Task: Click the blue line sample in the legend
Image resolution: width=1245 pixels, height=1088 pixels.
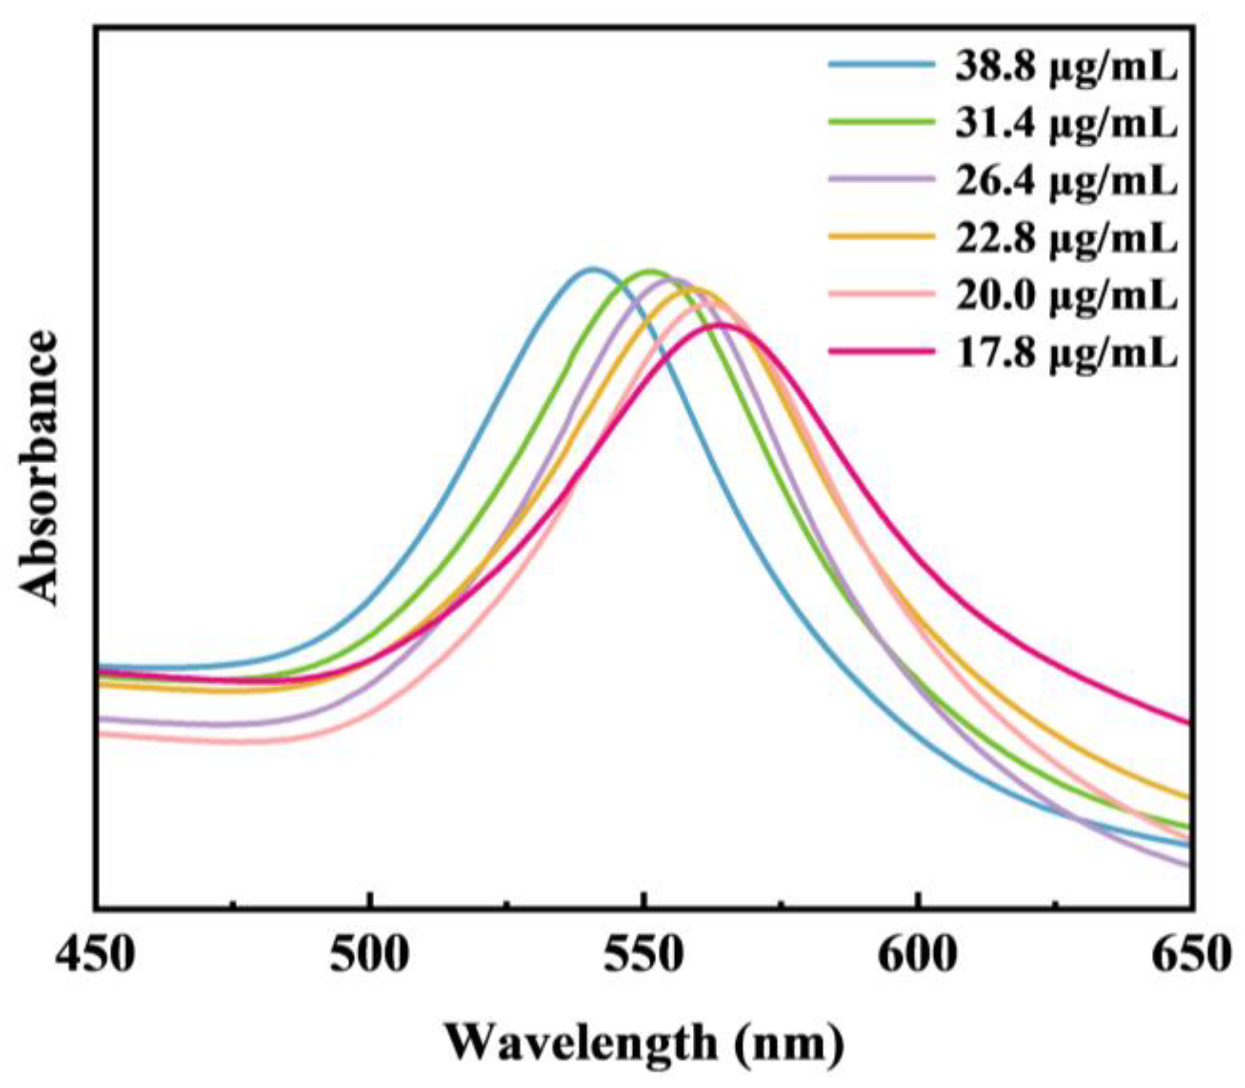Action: coord(881,64)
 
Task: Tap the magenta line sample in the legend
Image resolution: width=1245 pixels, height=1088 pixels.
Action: coord(881,350)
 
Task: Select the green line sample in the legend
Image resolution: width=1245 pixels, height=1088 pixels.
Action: coord(881,121)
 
